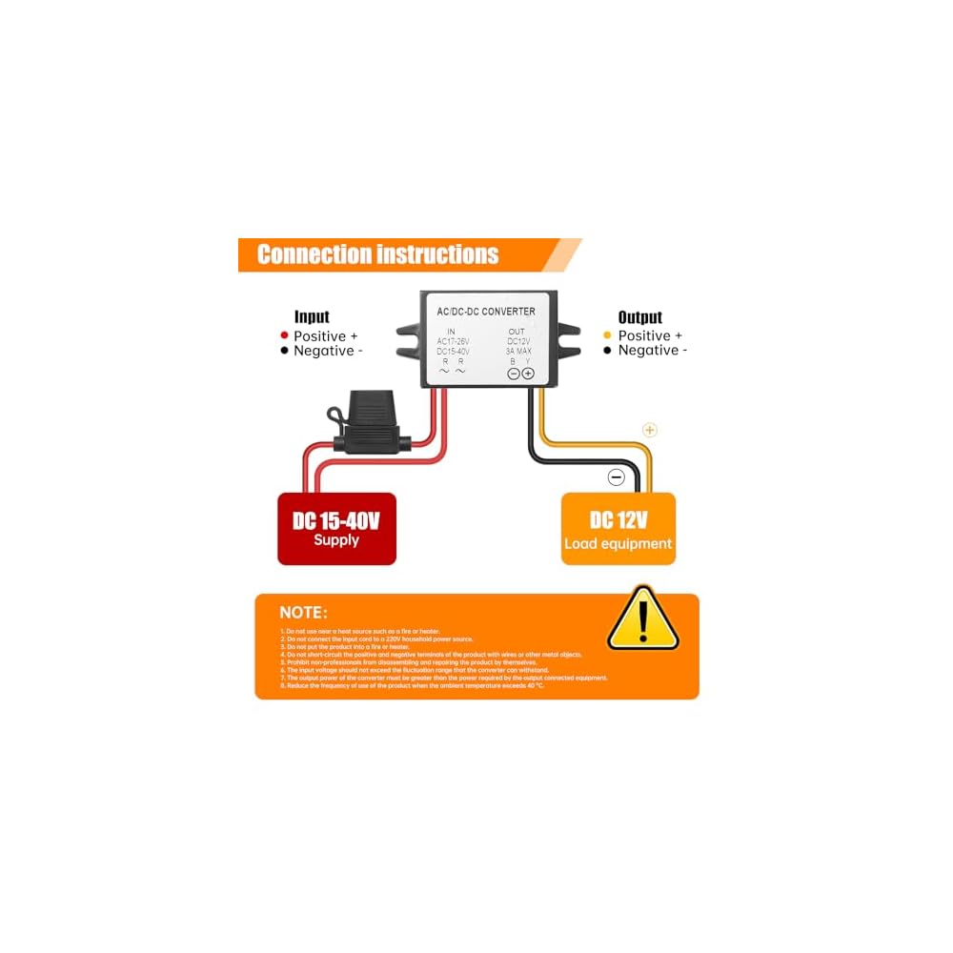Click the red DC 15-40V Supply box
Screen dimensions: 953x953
pyautogui.click(x=336, y=529)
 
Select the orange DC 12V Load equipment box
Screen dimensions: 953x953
pyautogui.click(x=618, y=529)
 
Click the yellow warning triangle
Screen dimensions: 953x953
pyautogui.click(x=643, y=619)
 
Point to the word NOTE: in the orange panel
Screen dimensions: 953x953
pyautogui.click(x=303, y=613)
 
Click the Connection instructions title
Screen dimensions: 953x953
pyautogui.click(x=378, y=254)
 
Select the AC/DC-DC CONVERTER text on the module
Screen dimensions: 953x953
pyautogui.click(x=486, y=312)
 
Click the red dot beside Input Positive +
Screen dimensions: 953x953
pyautogui.click(x=284, y=335)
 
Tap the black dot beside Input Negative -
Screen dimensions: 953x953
pyautogui.click(x=284, y=351)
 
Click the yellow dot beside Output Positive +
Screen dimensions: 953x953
pyautogui.click(x=608, y=335)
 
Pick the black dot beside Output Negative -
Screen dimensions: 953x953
pyautogui.click(x=608, y=351)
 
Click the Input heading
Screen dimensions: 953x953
pyautogui.click(x=312, y=317)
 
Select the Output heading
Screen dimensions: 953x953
pyautogui.click(x=639, y=317)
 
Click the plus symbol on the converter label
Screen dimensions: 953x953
pyautogui.click(x=528, y=374)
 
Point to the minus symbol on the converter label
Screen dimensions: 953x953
pyautogui.click(x=514, y=374)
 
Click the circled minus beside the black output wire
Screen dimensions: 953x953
pyautogui.click(x=617, y=477)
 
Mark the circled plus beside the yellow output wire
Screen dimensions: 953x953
pyautogui.click(x=650, y=430)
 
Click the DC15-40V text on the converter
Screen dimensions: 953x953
pyautogui.click(x=454, y=352)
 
